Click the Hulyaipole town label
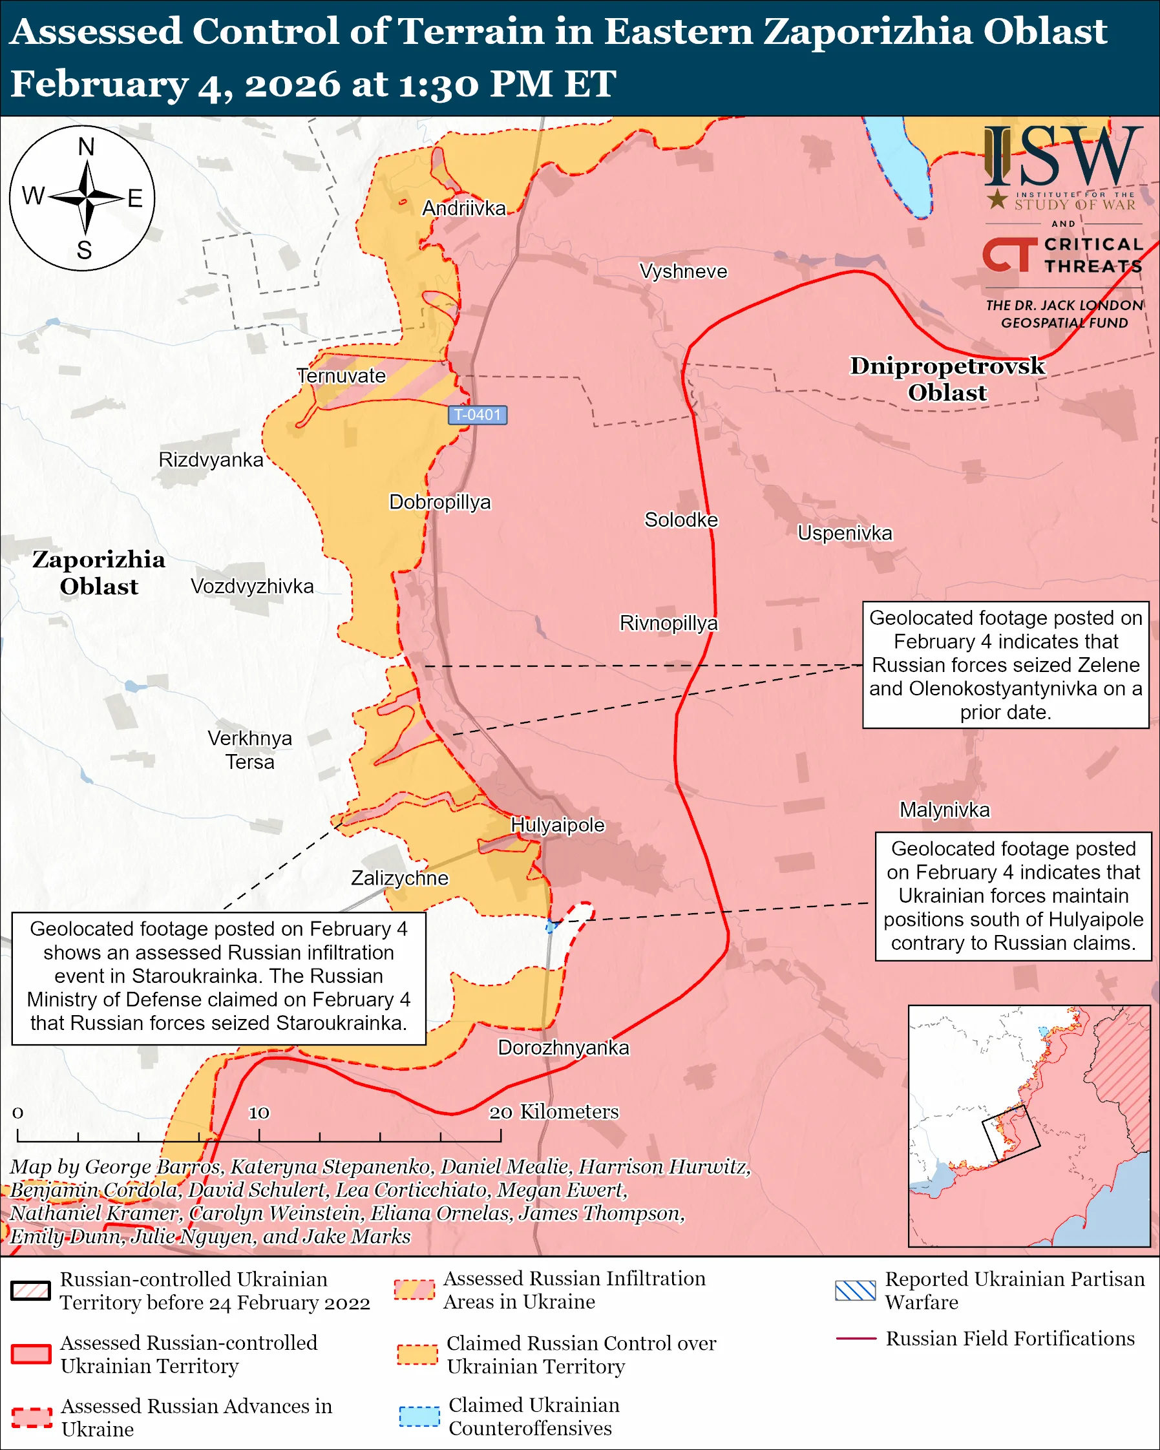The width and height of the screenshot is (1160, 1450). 558,825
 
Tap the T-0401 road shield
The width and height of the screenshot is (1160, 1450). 478,415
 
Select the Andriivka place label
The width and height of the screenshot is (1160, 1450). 463,209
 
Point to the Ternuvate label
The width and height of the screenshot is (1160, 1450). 342,376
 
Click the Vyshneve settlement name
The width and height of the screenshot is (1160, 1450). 682,271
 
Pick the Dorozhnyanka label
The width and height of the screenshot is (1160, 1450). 563,1048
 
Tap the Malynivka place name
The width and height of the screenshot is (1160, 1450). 944,810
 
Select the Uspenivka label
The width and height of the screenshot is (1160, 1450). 845,533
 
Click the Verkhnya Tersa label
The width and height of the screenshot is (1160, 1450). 249,751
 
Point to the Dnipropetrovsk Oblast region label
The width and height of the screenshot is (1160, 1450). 947,379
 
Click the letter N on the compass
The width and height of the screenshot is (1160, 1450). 86,147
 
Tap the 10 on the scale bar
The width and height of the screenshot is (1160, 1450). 259,1113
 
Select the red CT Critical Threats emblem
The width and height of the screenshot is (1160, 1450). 1009,255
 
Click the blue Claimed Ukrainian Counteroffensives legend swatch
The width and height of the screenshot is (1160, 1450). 419,1416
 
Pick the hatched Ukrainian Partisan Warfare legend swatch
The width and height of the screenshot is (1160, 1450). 855,1290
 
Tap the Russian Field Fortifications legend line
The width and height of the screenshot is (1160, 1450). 856,1339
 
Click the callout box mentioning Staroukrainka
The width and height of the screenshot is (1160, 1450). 218,978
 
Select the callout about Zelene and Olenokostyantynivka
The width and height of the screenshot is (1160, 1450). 1006,664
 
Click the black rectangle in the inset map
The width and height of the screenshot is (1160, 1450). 1011,1133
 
